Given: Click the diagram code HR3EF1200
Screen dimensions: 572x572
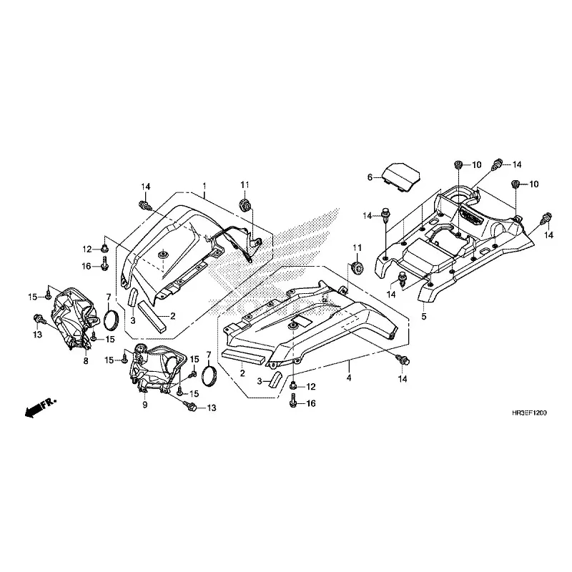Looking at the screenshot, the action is click(x=529, y=413).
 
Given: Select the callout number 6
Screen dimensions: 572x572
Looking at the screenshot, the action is click(x=370, y=177).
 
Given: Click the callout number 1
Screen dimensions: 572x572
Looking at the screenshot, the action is click(x=204, y=185).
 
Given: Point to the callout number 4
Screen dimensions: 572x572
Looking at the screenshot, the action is click(x=349, y=378).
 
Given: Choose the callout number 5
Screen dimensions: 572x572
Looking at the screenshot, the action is click(x=423, y=316).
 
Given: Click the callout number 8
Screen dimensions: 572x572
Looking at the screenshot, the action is click(x=86, y=361).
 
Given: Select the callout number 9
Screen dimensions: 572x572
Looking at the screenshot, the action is click(x=145, y=405).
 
